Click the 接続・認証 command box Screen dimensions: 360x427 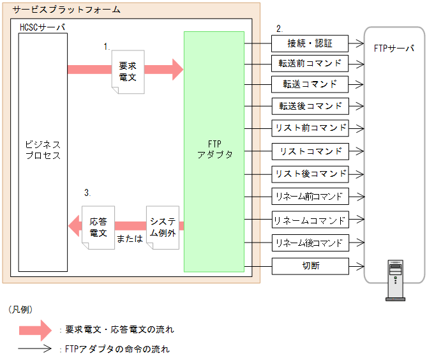310,43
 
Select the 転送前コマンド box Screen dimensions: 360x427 310,64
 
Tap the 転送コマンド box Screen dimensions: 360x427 310,84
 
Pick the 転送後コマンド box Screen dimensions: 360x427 310,106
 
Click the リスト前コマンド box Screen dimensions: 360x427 310,128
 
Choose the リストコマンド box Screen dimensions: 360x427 310,151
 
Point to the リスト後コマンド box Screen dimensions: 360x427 310,174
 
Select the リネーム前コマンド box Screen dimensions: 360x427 310,196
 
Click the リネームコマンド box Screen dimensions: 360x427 310,220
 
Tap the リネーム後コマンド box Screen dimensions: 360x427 310,243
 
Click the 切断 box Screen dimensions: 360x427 310,266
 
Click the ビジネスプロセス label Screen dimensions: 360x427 43,150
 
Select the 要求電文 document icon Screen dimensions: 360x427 128,71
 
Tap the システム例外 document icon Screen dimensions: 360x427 162,226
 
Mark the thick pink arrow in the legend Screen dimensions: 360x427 35,329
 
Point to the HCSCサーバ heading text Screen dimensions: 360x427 42,28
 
